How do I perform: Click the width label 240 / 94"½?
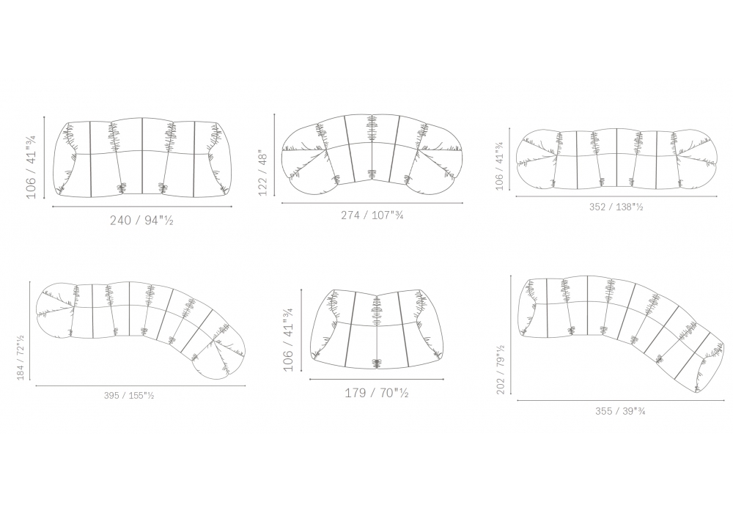coord(141,220)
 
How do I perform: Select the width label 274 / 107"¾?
coord(372,215)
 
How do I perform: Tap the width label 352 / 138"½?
coord(616,207)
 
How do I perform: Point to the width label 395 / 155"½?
coord(129,396)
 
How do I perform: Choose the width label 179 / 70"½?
coord(377,393)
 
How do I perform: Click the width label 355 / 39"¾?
coord(620,411)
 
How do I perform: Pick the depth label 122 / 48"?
coord(262,172)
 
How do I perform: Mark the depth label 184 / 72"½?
coord(21,358)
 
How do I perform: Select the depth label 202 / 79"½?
coord(501,369)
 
